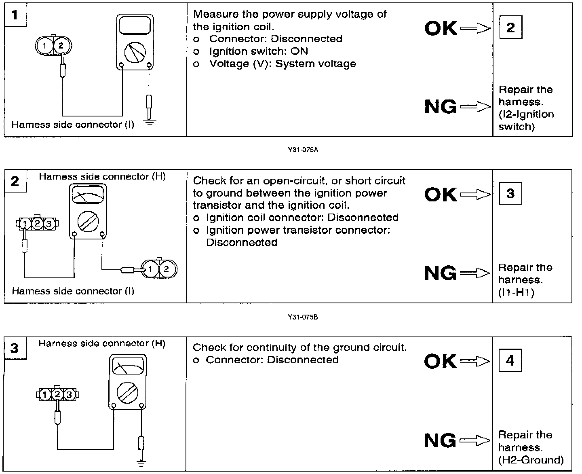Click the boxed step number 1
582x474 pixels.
pos(15,15)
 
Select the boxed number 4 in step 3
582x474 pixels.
pos(510,360)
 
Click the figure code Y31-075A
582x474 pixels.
pos(303,150)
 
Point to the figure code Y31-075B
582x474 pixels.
pos(303,317)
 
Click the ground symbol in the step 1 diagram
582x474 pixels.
pos(150,122)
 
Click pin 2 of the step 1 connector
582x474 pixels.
pos(61,45)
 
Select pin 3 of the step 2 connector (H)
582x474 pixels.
pos(48,223)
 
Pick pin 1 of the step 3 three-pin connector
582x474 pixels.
pos(46,394)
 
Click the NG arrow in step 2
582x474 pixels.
pos(474,273)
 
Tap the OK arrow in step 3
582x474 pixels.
pos(474,361)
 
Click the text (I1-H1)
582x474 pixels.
pos(516,292)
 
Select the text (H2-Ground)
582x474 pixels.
pos(531,459)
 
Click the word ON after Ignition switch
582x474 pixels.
pos(299,51)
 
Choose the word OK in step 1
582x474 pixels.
pos(441,28)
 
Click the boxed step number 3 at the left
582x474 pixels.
pos(15,348)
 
